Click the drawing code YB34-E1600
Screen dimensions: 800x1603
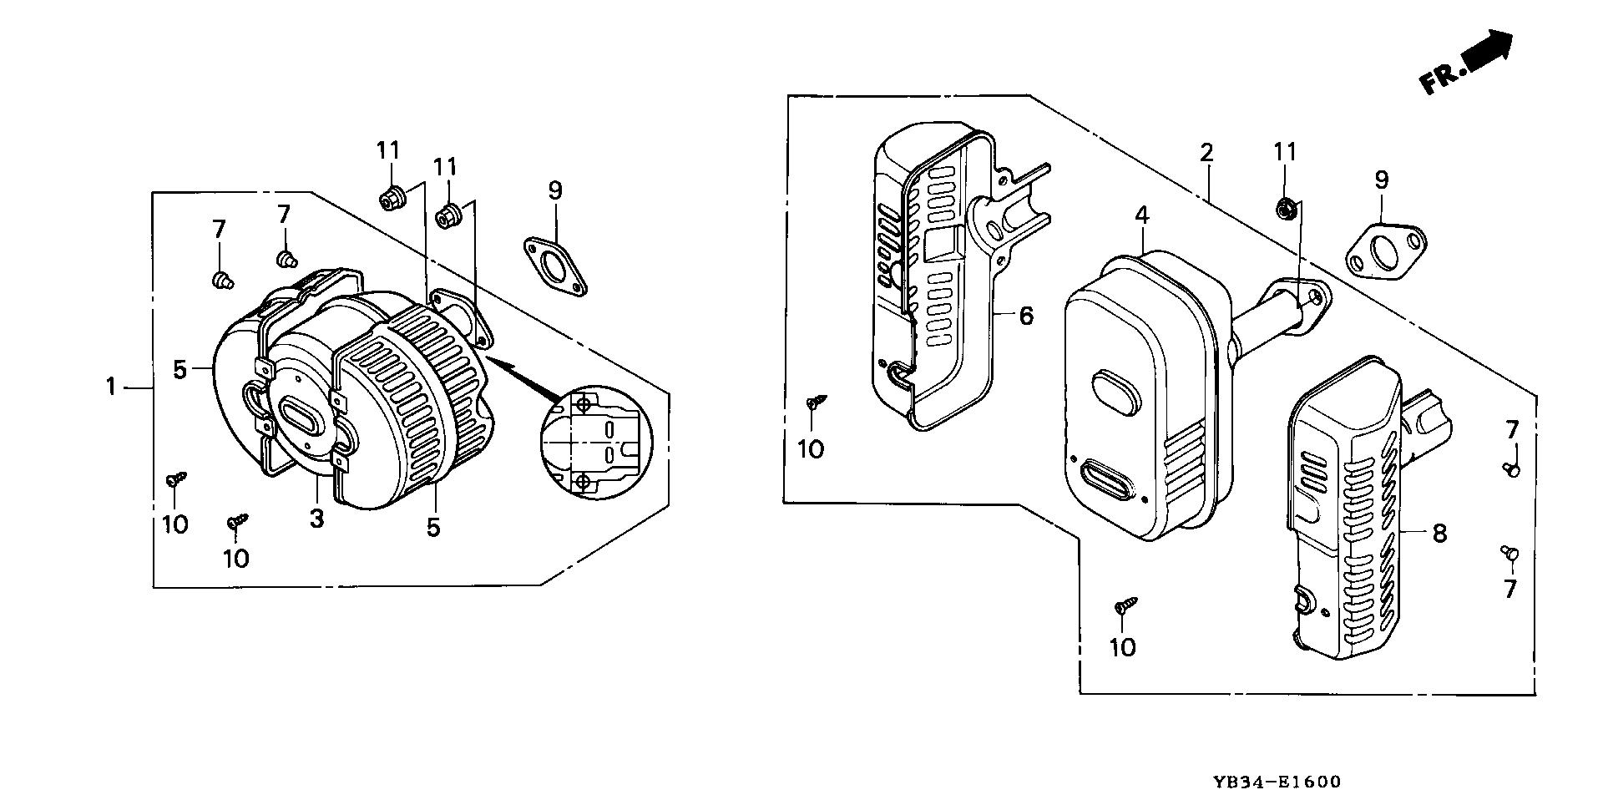pyautogui.click(x=1278, y=782)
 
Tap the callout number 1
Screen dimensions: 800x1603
pyautogui.click(x=110, y=387)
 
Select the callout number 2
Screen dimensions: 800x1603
pyautogui.click(x=1206, y=153)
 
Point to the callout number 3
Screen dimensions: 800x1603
pyautogui.click(x=316, y=518)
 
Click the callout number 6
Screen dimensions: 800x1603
pyautogui.click(x=1026, y=316)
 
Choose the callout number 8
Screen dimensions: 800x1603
pyautogui.click(x=1439, y=533)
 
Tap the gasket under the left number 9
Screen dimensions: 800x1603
pyautogui.click(x=555, y=266)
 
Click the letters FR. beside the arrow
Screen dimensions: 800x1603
pyautogui.click(x=1441, y=79)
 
